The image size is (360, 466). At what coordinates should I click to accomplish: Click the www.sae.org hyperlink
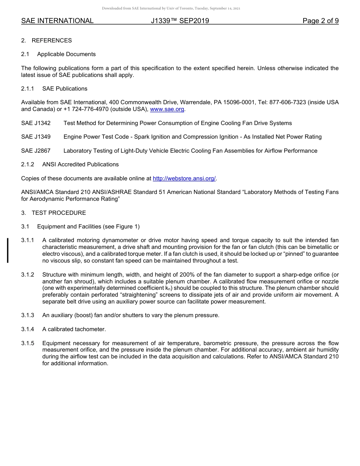tap(167, 109)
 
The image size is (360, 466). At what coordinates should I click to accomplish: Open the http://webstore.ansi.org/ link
tap(184, 178)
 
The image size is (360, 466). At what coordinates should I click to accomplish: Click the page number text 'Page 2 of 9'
tap(320, 21)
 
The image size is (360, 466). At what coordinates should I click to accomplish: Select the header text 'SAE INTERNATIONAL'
tap(57, 21)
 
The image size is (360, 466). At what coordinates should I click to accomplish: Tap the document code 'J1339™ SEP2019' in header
tap(180, 21)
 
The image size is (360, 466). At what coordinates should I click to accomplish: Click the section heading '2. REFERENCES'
tap(46, 41)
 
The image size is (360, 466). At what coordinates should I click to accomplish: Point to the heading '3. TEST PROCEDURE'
tap(53, 213)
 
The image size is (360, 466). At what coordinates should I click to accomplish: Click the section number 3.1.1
tap(28, 240)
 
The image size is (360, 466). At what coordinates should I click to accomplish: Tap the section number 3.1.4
tap(28, 329)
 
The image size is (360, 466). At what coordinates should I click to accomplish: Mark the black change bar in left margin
tap(8, 250)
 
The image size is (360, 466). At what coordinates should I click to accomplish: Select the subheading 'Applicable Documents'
tap(66, 54)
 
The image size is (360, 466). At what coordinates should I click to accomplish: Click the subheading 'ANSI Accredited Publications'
tap(80, 164)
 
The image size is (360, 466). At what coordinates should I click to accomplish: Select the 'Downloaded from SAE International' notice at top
tap(171, 8)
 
